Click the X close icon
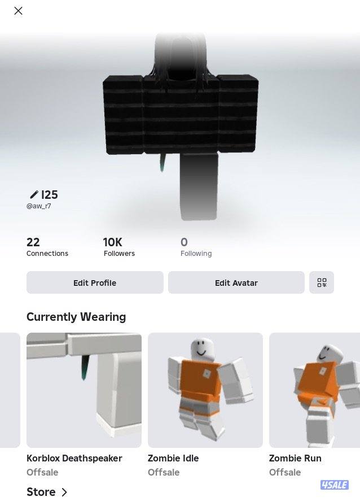[19, 11]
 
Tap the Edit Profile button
[95, 282]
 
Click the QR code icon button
[322, 282]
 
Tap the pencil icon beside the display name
[34, 195]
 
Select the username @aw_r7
[38, 206]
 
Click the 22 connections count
[33, 242]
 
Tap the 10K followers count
[112, 242]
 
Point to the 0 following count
[184, 242]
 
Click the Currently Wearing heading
[76, 317]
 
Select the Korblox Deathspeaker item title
[74, 458]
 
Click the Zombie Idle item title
[173, 458]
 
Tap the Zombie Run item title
[295, 458]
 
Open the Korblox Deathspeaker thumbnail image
[84, 390]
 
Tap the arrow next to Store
[64, 492]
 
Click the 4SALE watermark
[335, 485]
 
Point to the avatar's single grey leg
[199, 186]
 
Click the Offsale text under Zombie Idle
[164, 472]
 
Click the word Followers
[119, 254]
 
